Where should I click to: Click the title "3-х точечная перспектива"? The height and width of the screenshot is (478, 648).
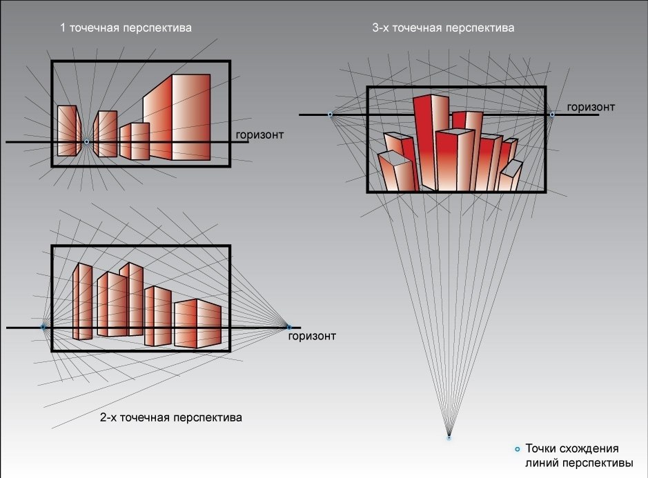click(x=442, y=28)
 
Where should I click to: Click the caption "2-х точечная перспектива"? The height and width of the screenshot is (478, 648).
click(x=171, y=417)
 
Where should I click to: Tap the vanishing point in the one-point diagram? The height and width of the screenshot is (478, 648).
click(x=86, y=141)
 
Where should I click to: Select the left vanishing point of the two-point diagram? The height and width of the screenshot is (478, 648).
click(x=43, y=327)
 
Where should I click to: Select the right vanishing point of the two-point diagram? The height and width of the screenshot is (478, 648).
click(x=288, y=327)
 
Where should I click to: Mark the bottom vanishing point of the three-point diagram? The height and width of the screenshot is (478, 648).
click(x=449, y=437)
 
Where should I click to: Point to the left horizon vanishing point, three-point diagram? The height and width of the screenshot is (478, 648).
click(x=330, y=114)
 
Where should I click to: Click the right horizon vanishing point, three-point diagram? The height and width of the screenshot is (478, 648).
click(x=551, y=114)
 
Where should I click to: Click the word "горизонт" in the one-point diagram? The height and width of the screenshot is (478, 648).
click(x=259, y=134)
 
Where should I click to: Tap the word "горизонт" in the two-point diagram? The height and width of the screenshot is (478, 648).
click(x=312, y=336)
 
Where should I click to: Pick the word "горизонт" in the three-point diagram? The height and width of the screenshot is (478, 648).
click(x=591, y=107)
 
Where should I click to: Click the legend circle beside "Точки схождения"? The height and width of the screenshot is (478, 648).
click(x=518, y=449)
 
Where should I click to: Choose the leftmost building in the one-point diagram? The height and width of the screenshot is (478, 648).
click(x=68, y=130)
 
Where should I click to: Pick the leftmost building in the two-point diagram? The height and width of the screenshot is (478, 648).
click(x=83, y=301)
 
